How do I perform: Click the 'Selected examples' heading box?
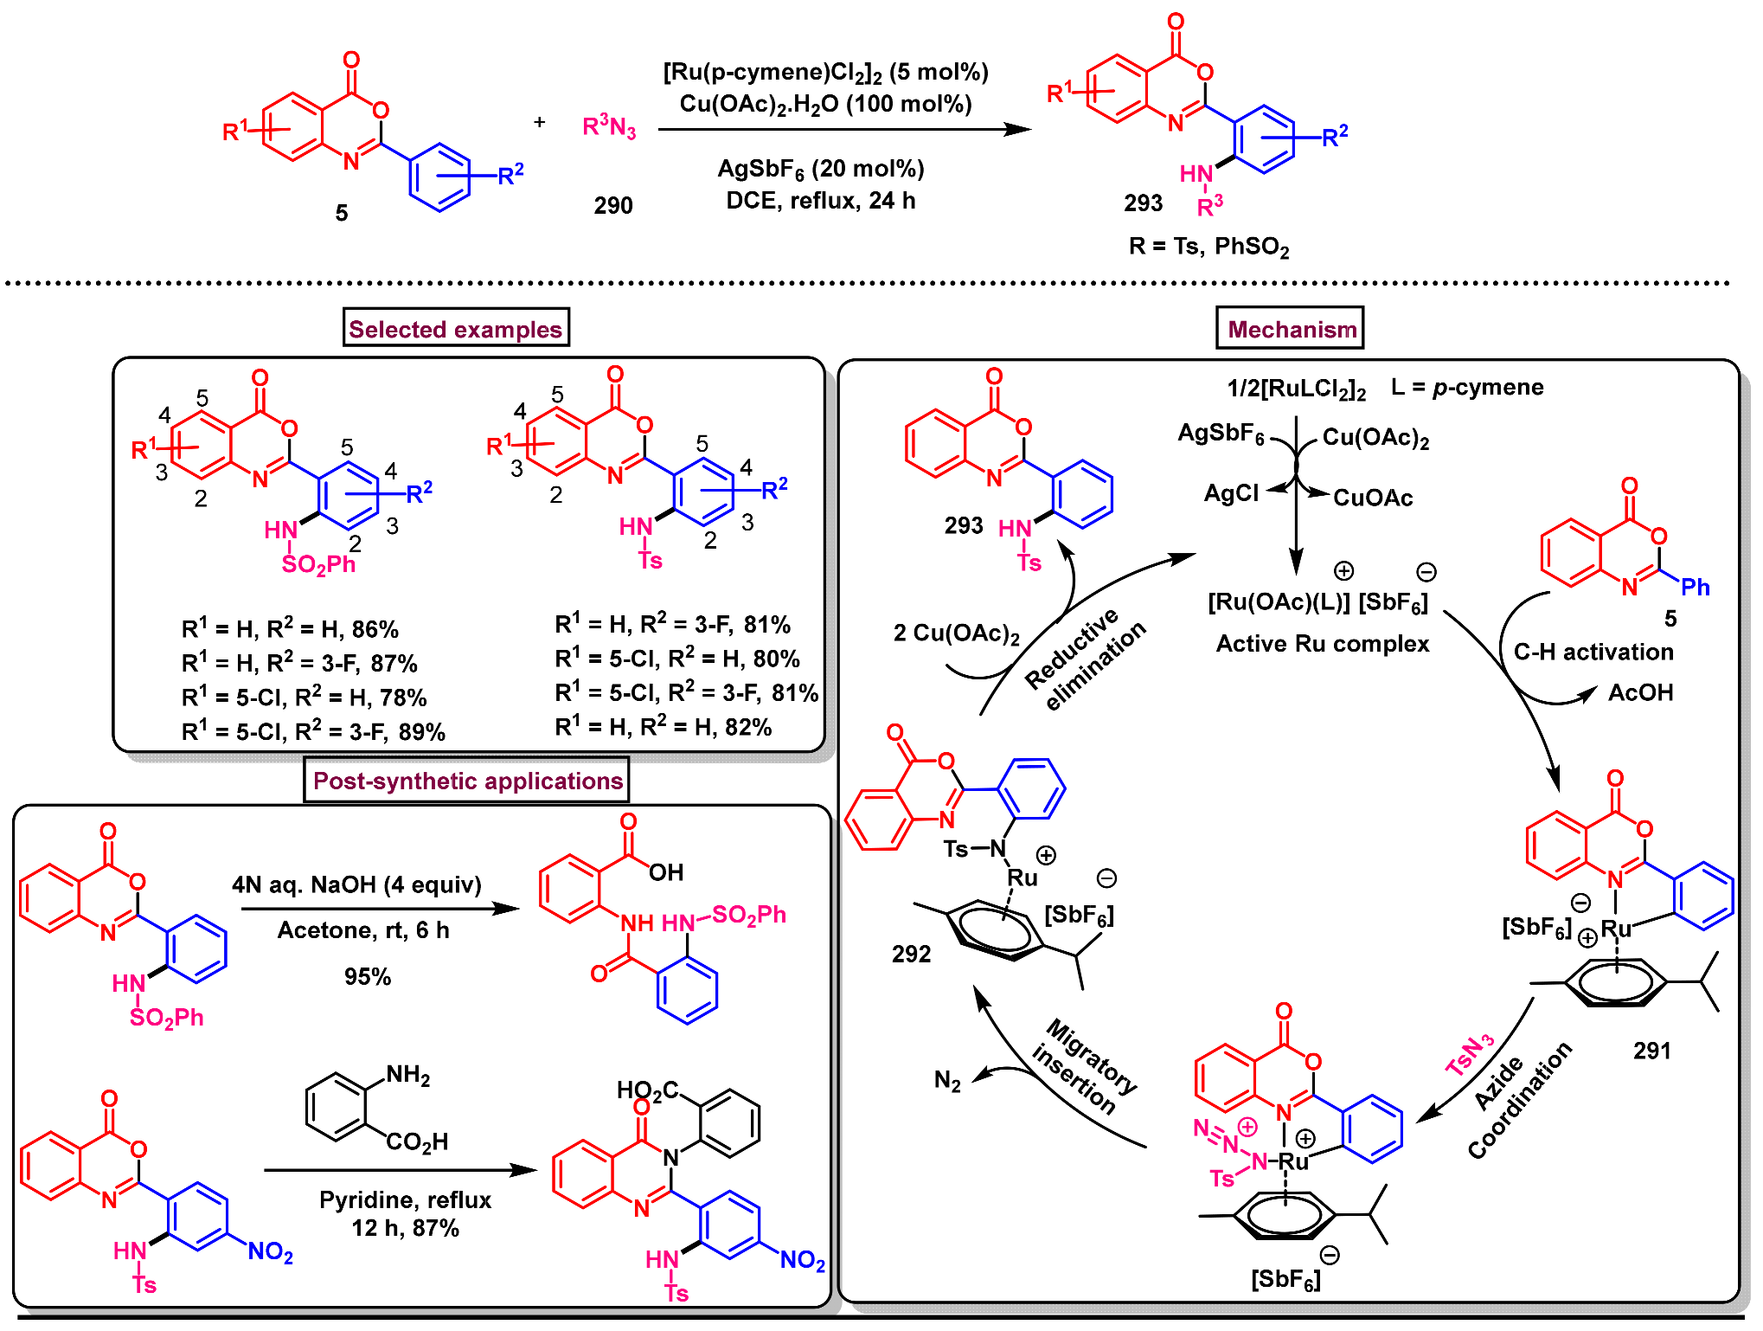click(456, 329)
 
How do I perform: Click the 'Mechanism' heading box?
click(1291, 329)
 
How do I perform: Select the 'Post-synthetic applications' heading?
click(467, 781)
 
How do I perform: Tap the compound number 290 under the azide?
click(612, 206)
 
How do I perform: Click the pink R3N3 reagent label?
click(609, 128)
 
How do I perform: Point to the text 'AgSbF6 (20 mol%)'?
click(821, 169)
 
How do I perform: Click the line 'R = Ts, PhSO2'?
click(1208, 248)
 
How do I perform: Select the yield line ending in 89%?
click(313, 732)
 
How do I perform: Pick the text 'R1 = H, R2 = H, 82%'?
click(663, 727)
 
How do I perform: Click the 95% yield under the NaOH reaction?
click(368, 977)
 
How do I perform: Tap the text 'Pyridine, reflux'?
click(405, 1199)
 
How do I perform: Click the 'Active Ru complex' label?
click(1322, 644)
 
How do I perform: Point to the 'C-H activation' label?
click(1593, 652)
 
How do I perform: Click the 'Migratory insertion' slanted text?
click(1084, 1066)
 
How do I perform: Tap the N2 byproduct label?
click(947, 1081)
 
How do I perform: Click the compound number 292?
click(911, 954)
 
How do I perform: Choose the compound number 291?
click(1651, 1051)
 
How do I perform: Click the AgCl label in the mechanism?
click(1231, 493)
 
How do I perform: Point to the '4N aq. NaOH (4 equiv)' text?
click(356, 884)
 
